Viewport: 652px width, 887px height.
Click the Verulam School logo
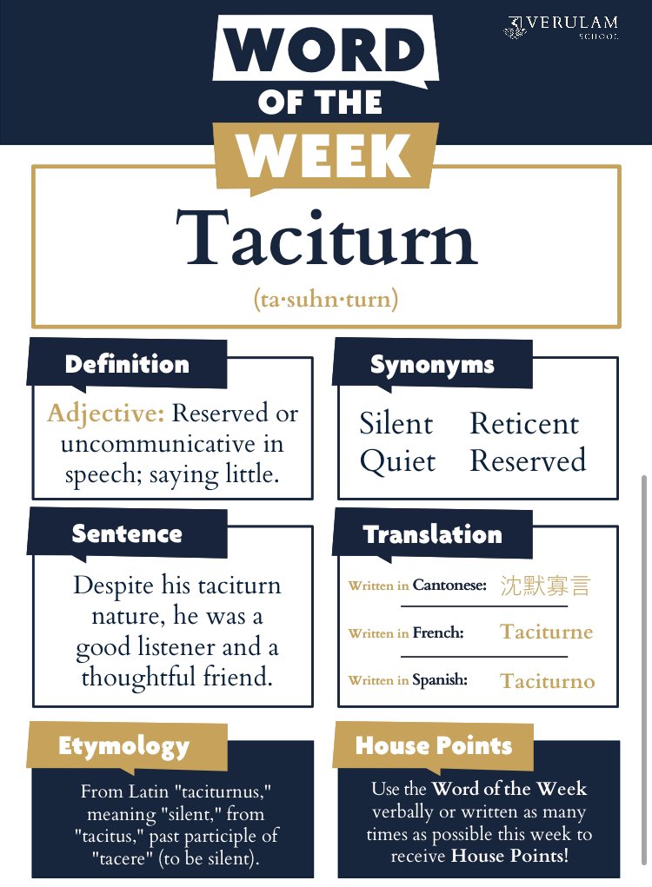coord(560,27)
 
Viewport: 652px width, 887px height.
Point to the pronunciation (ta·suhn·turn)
coord(326,300)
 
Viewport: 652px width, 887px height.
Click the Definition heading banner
coord(127,364)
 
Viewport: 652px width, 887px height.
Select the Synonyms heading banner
coord(432,365)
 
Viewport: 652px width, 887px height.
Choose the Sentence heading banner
coord(127,533)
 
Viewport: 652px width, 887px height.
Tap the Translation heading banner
coord(432,533)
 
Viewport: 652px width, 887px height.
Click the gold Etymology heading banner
coord(123,745)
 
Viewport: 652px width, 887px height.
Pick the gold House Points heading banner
coord(434,745)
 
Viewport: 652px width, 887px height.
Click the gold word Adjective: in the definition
coord(105,413)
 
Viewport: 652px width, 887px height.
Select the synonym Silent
coord(396,424)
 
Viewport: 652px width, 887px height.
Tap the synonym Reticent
coord(524,424)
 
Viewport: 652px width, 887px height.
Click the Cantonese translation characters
coord(545,585)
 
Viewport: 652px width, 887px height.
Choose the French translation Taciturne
coord(546,632)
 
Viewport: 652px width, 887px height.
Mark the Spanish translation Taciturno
coord(548,680)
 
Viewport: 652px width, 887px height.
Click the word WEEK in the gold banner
coord(324,156)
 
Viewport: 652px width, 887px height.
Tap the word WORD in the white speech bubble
coord(325,52)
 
